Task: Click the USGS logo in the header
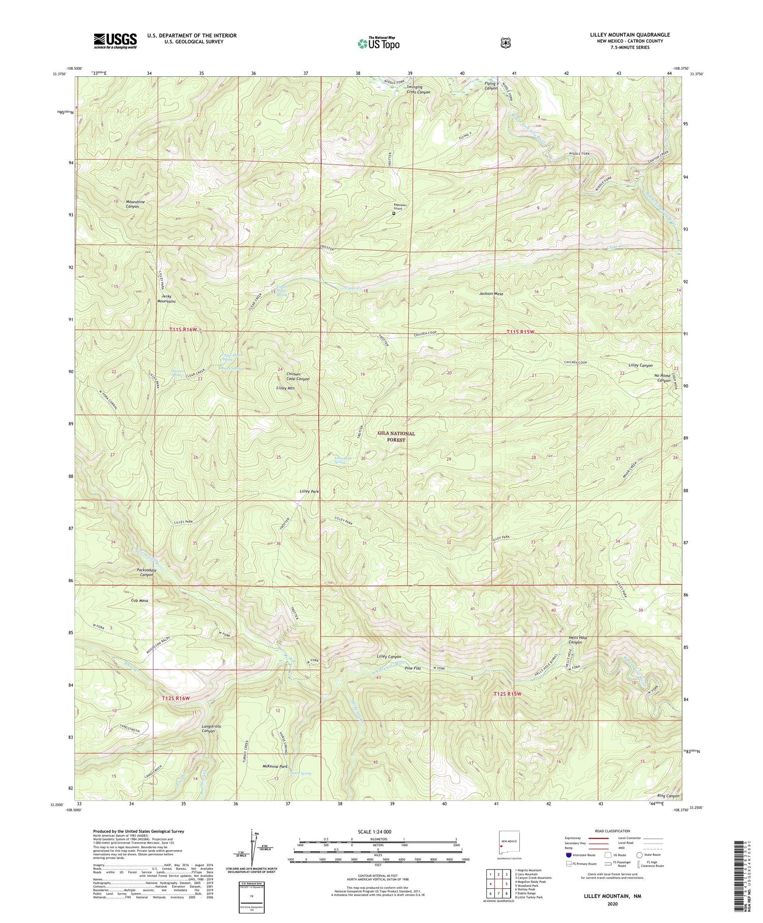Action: click(115, 41)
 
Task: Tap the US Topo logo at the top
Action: click(378, 43)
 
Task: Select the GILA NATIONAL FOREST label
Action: click(396, 436)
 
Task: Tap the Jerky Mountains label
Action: click(165, 299)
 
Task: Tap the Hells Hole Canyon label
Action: click(575, 640)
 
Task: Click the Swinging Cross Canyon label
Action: click(418, 89)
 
